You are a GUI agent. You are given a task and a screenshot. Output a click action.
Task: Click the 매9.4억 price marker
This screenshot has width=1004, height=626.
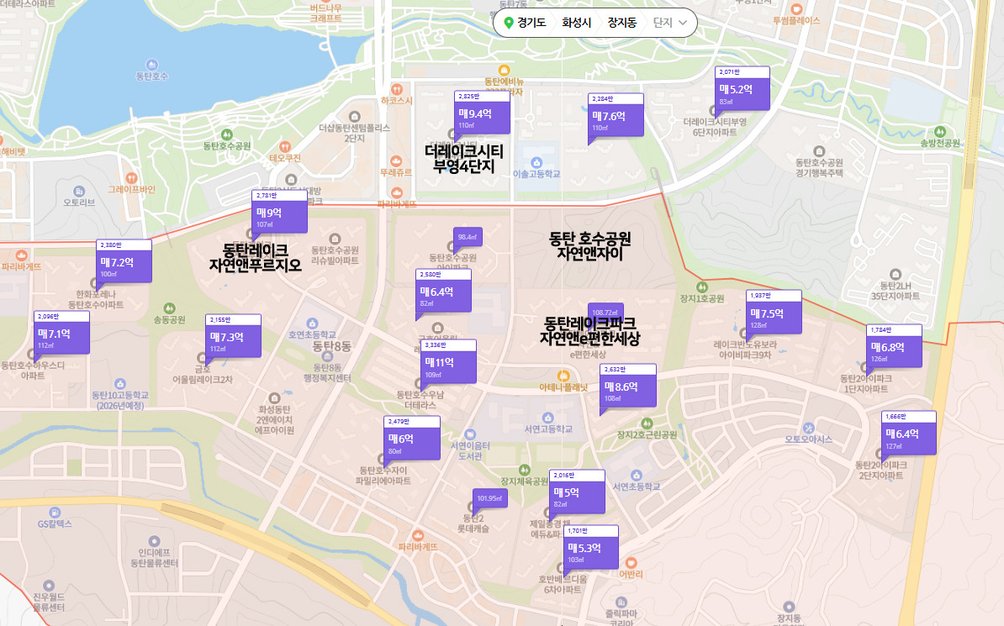(482, 115)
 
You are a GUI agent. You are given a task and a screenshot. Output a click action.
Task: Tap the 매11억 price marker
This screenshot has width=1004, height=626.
(449, 364)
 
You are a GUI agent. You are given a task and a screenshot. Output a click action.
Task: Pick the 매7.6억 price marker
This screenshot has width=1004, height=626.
(616, 118)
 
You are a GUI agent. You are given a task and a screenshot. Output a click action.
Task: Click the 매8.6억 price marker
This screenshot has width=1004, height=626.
(628, 388)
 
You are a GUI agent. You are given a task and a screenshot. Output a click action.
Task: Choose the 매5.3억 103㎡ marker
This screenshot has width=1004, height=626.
(590, 550)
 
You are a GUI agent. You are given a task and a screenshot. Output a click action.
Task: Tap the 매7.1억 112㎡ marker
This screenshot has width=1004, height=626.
(61, 335)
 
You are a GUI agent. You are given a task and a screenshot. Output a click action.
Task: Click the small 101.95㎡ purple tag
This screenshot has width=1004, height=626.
(489, 499)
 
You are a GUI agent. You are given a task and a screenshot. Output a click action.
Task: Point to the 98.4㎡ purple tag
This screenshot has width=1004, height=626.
(468, 238)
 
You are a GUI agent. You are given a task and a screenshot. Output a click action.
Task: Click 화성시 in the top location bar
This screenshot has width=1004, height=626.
(577, 23)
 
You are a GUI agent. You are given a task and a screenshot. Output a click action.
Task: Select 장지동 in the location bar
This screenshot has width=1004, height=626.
(622, 23)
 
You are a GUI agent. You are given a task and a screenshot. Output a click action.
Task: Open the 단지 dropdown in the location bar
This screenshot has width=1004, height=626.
(670, 23)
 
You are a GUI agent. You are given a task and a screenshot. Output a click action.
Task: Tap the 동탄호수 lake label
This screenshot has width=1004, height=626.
(152, 76)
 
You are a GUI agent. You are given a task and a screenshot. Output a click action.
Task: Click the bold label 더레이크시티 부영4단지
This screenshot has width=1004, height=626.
(463, 158)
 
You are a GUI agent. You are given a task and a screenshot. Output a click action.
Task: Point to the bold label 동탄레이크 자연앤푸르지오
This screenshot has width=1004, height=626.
(255, 257)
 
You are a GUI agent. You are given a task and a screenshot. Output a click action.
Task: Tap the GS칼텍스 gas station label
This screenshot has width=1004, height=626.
(55, 523)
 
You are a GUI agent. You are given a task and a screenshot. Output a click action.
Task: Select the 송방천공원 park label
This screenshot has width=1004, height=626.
(940, 143)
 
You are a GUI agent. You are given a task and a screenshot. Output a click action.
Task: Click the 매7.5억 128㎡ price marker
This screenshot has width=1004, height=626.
(774, 314)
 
